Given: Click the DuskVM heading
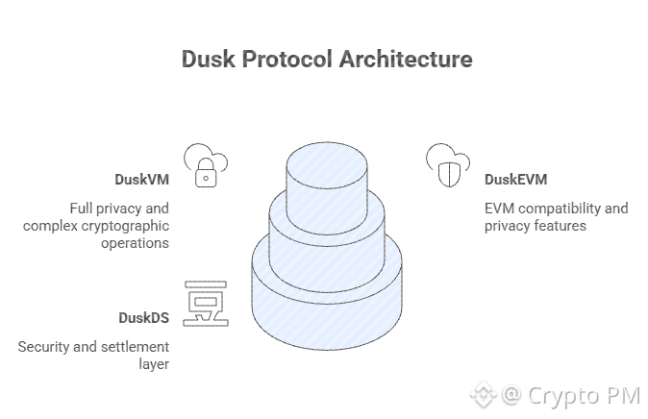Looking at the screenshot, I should tap(141, 180).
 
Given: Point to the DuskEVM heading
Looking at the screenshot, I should tap(515, 180).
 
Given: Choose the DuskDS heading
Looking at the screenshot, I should tap(143, 317).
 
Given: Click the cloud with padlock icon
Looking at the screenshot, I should tap(204, 164).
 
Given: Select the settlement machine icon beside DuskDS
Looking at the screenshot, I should tap(205, 304).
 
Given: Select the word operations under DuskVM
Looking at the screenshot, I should tap(135, 243).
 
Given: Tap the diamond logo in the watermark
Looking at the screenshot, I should tap(481, 394).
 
